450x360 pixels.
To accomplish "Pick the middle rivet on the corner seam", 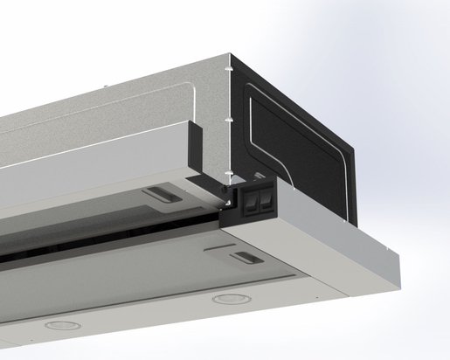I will (x=227, y=117).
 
